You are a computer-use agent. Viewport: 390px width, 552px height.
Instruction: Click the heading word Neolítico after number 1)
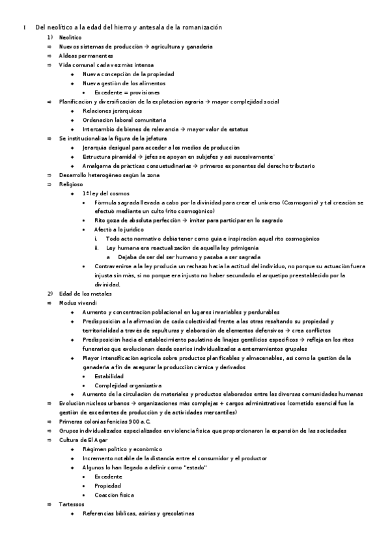(72, 38)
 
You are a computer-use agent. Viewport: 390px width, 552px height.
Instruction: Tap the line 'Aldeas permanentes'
(85, 56)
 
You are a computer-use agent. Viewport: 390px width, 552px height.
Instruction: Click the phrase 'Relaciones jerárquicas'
(112, 111)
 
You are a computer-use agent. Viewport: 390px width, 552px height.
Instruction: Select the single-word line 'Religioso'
(71, 184)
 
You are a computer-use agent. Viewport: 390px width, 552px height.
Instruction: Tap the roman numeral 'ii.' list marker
(97, 248)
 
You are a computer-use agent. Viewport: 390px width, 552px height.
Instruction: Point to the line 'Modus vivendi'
(77, 303)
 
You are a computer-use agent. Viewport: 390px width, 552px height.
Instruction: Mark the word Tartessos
(72, 504)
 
